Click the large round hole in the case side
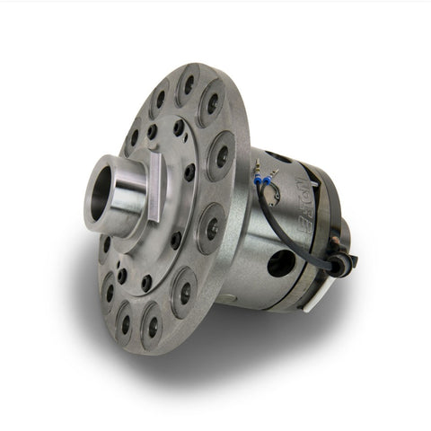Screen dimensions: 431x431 click(x=280, y=263)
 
